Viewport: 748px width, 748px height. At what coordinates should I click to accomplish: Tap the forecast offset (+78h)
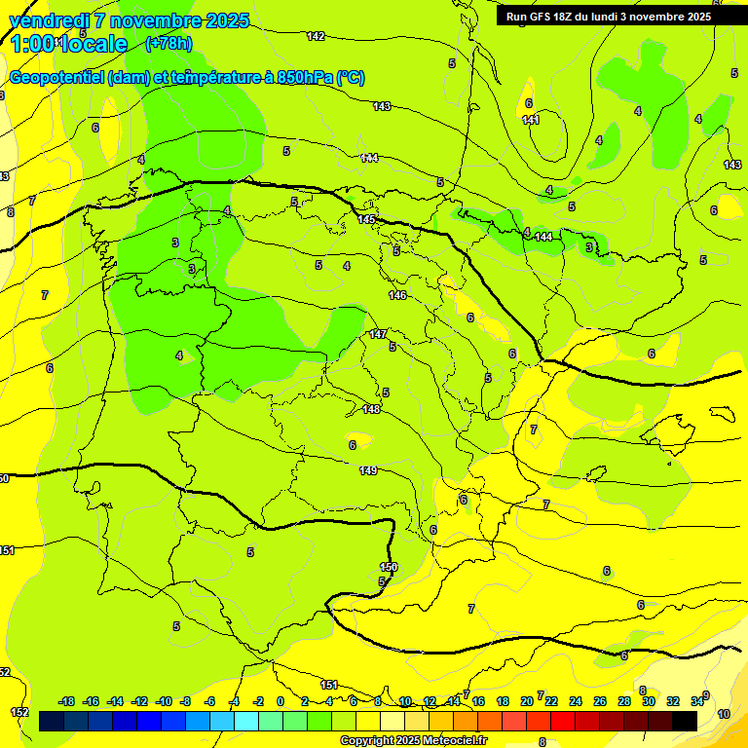tap(168, 43)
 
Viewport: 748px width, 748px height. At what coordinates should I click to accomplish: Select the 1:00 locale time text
tap(68, 44)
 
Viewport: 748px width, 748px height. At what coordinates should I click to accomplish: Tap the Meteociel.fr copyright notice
tap(413, 740)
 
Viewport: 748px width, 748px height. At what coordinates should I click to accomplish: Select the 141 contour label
tap(530, 120)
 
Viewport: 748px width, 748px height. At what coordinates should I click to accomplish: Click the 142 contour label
tap(316, 36)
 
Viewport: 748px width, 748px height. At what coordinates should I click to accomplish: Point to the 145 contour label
tap(366, 219)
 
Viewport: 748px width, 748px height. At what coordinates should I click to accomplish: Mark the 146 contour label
tap(397, 294)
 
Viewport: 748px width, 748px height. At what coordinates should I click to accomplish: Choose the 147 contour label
tap(378, 334)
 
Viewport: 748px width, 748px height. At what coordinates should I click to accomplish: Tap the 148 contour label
tap(371, 409)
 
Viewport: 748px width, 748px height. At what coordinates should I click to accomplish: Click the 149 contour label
tap(367, 470)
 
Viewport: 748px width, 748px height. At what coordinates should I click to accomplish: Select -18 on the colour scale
tap(67, 701)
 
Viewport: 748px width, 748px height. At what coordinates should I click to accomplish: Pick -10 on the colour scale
tap(163, 701)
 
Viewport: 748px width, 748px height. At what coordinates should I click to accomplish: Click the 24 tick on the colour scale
tap(576, 701)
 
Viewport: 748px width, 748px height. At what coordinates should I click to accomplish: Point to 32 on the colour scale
tap(672, 701)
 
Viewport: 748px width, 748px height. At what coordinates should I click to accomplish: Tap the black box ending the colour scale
tap(685, 721)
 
